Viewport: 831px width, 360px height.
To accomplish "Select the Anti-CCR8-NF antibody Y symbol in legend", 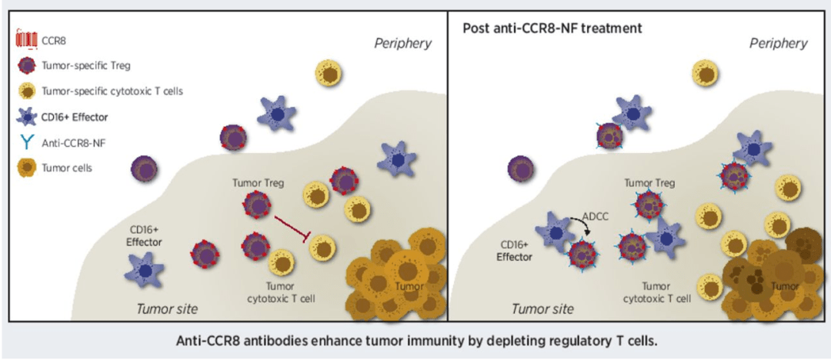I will click(26, 142).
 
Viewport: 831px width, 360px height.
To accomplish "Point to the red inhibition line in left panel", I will click(292, 230).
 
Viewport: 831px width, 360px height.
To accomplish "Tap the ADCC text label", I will click(595, 216).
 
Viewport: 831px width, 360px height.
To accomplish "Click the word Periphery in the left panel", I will click(402, 43).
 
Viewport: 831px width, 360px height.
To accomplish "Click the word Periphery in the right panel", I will click(779, 43).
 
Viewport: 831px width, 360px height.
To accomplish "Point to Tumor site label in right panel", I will click(542, 309).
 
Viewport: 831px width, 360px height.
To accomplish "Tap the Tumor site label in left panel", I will click(167, 309).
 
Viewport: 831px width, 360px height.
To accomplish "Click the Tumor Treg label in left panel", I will click(258, 183).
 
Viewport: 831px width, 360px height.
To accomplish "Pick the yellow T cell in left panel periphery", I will click(329, 74).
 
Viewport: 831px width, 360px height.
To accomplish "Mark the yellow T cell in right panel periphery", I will click(706, 73).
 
